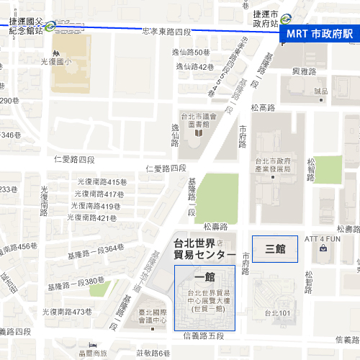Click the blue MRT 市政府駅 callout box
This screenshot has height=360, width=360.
click(319, 34)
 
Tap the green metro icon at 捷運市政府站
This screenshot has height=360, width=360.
click(287, 19)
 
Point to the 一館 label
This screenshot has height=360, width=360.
click(204, 276)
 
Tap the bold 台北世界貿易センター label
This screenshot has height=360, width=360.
click(204, 248)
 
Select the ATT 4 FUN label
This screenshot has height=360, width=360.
click(323, 238)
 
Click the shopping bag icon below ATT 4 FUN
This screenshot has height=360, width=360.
click(323, 249)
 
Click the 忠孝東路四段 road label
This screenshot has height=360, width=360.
click(167, 32)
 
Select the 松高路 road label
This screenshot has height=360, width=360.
click(263, 107)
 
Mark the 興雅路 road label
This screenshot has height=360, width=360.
click(305, 71)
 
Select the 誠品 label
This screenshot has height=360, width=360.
click(320, 91)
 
